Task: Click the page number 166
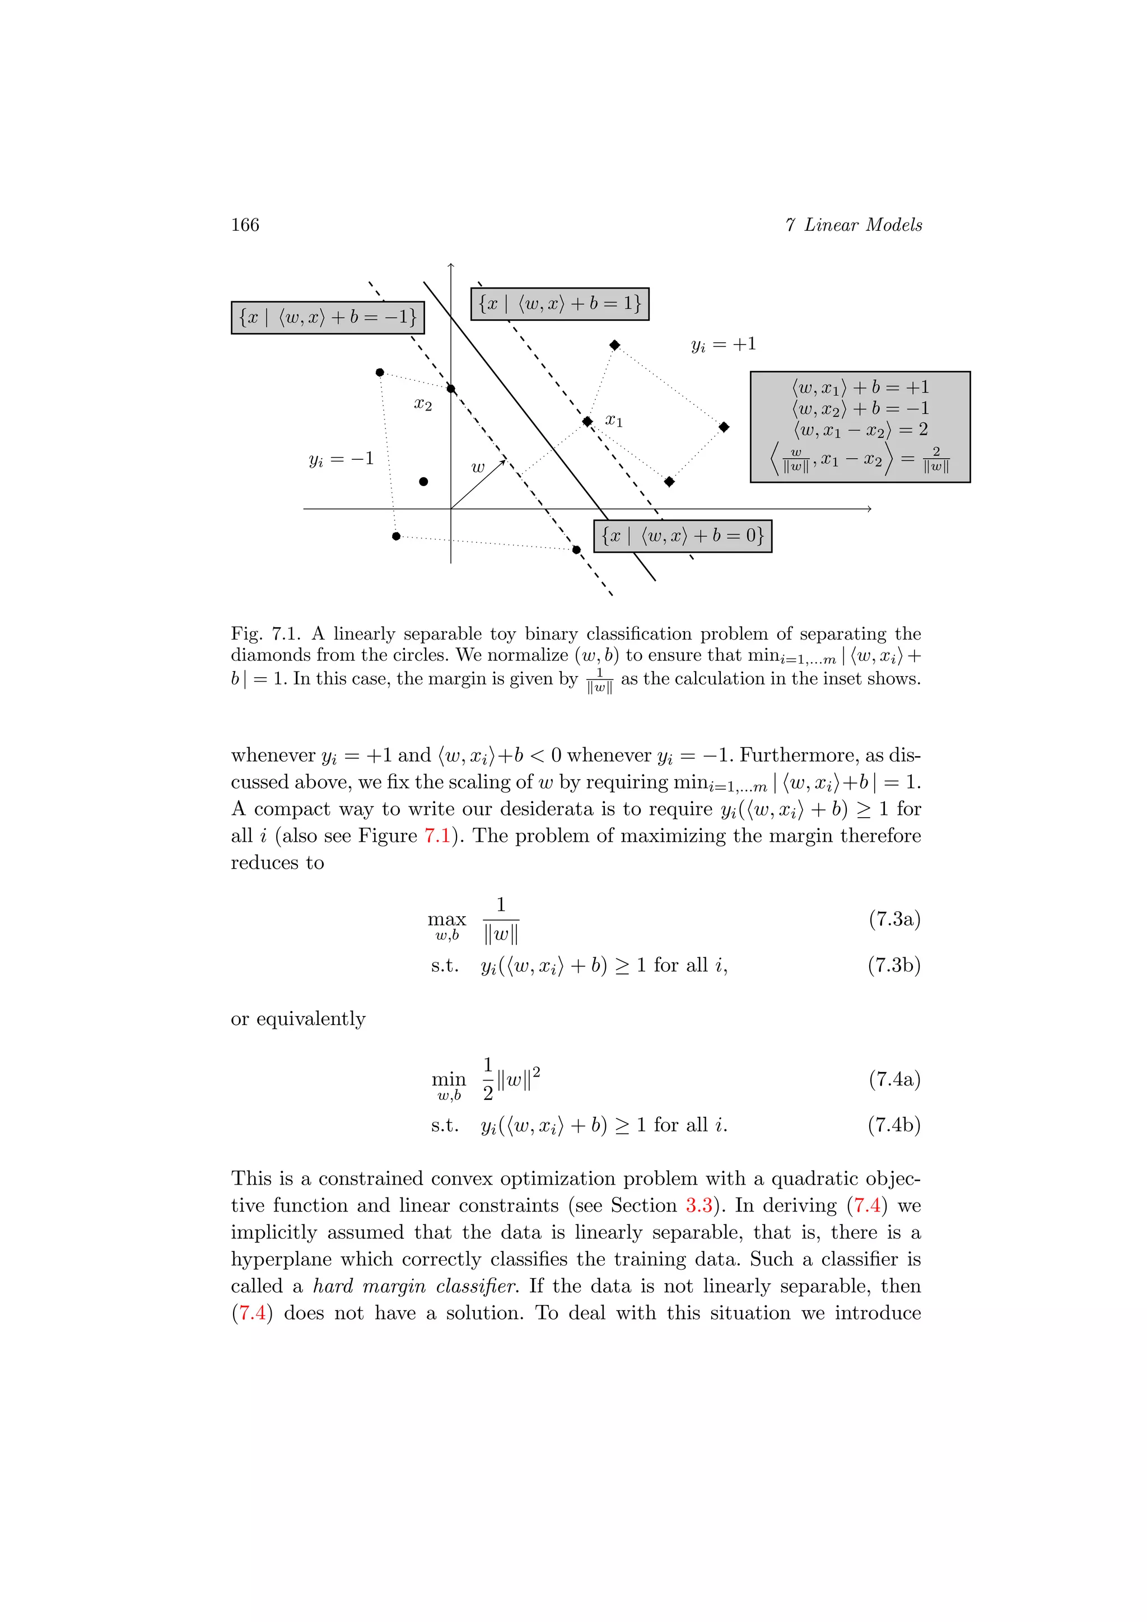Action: pyautogui.click(x=245, y=225)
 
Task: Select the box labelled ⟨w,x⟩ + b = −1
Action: pyautogui.click(x=328, y=317)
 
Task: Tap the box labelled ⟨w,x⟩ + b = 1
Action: pyautogui.click(x=559, y=304)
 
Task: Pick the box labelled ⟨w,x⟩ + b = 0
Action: pyautogui.click(x=682, y=536)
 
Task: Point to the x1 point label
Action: pyautogui.click(x=614, y=421)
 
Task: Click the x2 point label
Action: pyautogui.click(x=422, y=404)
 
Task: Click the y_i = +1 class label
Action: pyautogui.click(x=723, y=345)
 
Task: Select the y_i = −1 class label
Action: pyautogui.click(x=341, y=459)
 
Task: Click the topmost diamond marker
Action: pyautogui.click(x=614, y=345)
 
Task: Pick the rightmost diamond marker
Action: pyautogui.click(x=724, y=427)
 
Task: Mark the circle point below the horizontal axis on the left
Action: pyautogui.click(x=396, y=536)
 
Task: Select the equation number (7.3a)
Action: pyautogui.click(x=894, y=919)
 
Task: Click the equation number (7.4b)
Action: pyautogui.click(x=894, y=1125)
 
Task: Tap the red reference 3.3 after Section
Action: pyautogui.click(x=698, y=1205)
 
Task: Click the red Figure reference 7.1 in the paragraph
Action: pyautogui.click(x=437, y=836)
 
